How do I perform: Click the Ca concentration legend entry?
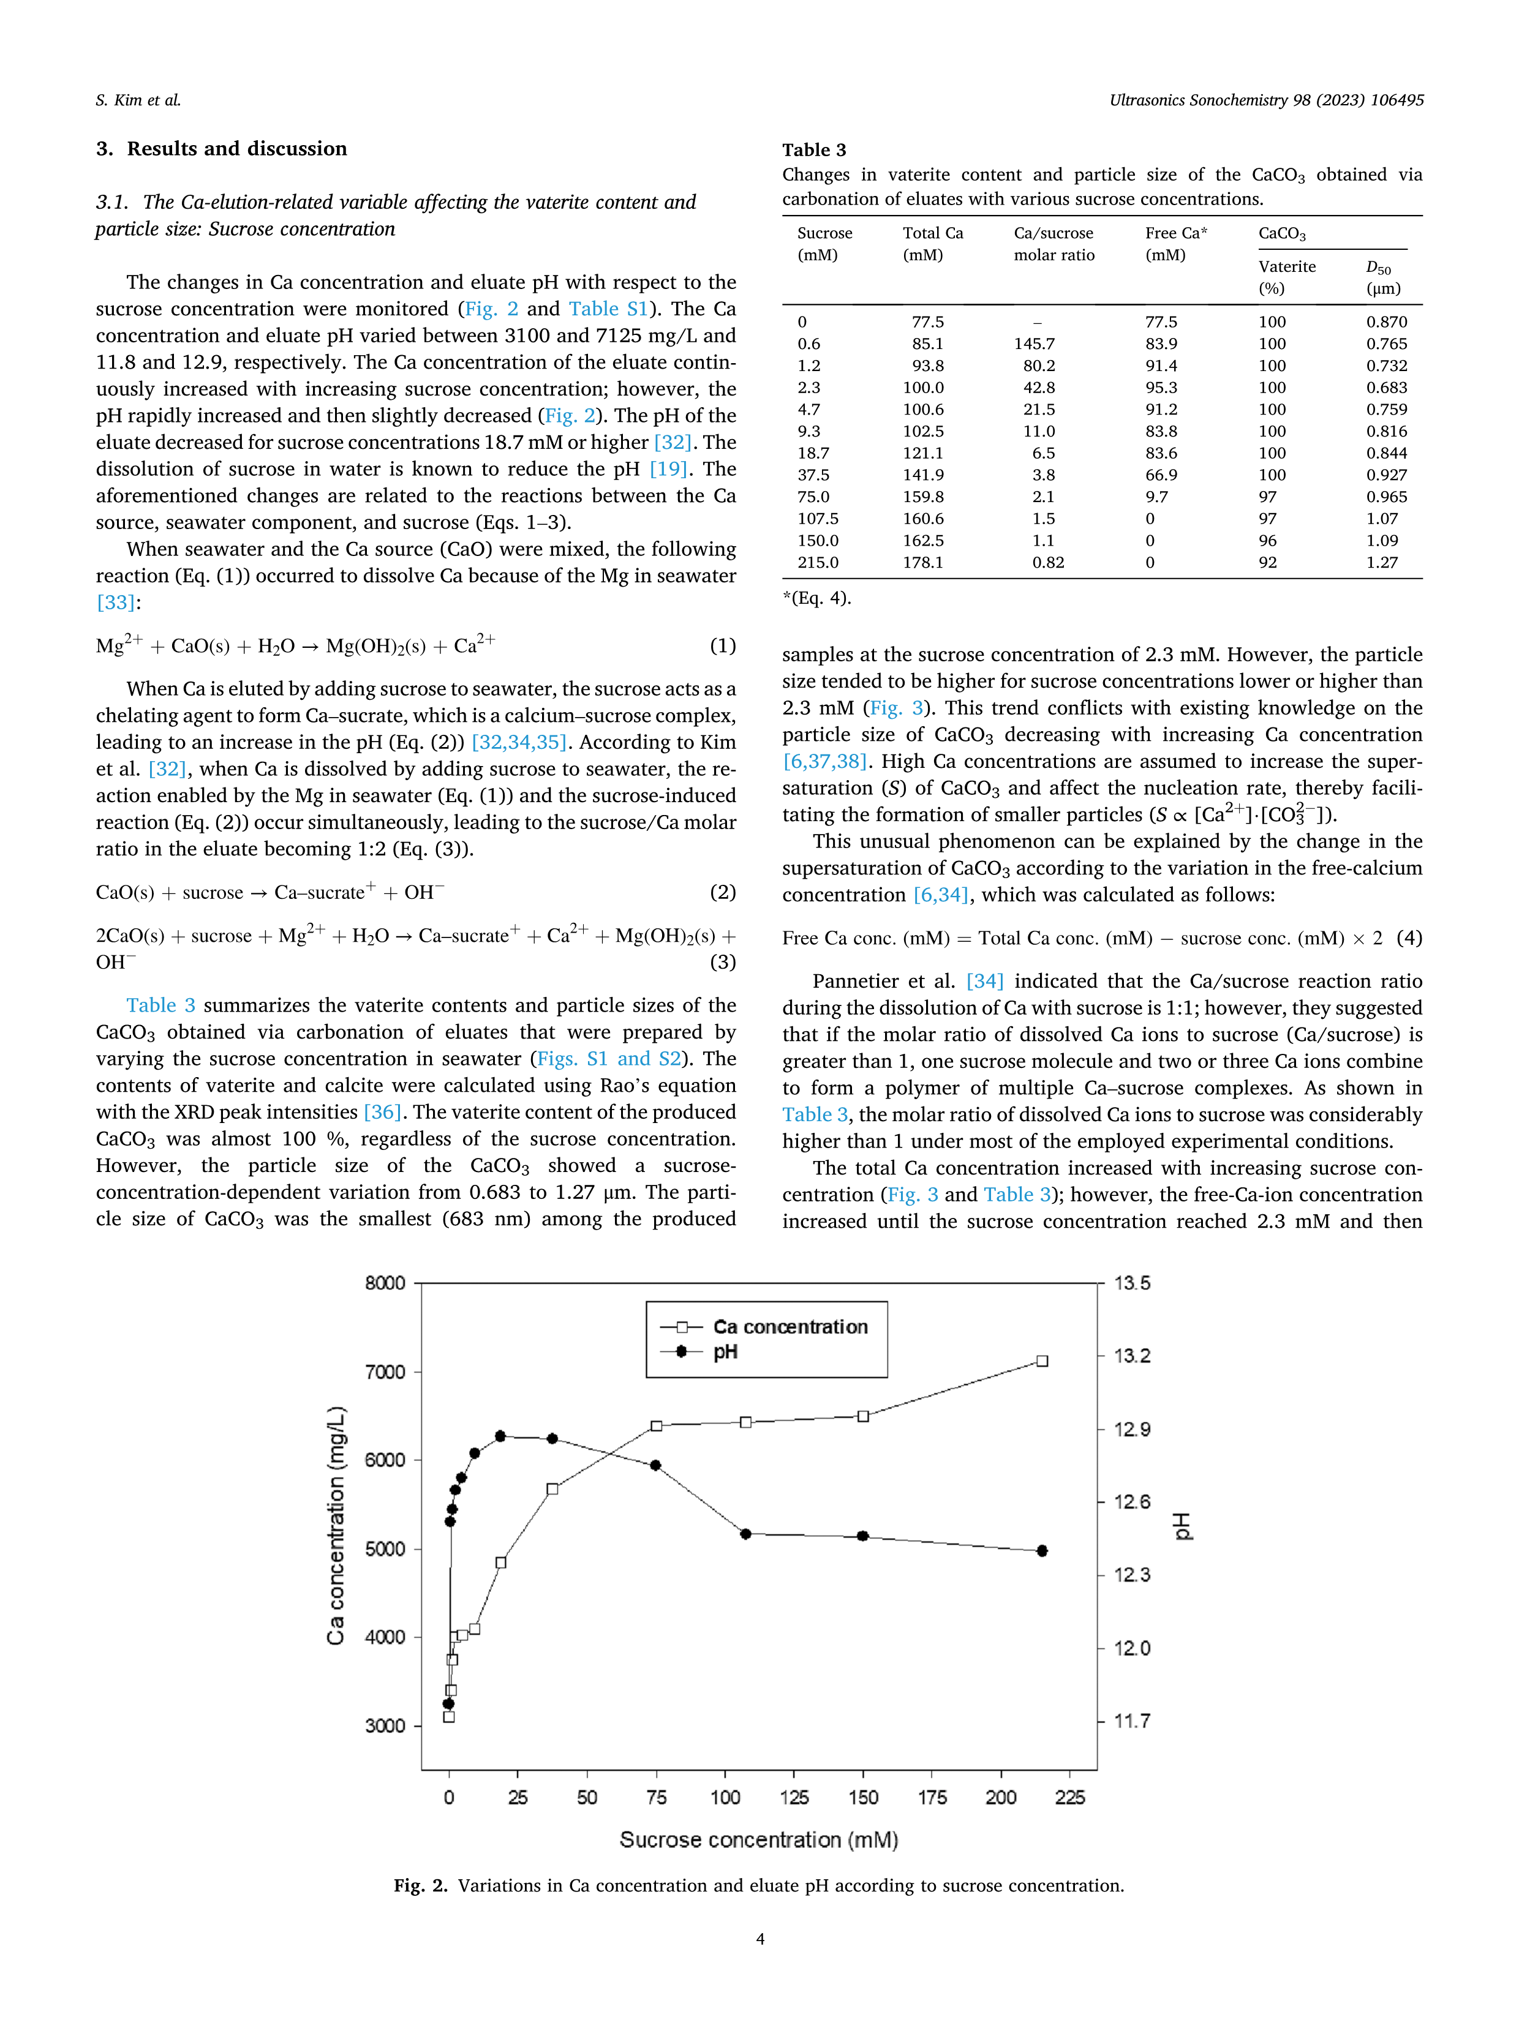[790, 1326]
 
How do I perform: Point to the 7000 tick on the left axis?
[385, 1372]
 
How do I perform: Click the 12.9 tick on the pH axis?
[1132, 1429]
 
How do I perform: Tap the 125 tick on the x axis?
[794, 1797]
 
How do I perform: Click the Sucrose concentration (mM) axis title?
[758, 1840]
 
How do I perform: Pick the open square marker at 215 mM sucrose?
[1042, 1361]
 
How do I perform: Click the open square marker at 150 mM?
[862, 1416]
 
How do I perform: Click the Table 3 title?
[814, 150]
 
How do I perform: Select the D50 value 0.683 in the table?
[1386, 387]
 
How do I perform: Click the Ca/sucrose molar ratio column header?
[1053, 244]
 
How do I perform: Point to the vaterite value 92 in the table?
[1267, 562]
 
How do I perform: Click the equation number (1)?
[722, 645]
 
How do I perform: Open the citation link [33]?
[115, 603]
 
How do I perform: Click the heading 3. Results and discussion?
[222, 148]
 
